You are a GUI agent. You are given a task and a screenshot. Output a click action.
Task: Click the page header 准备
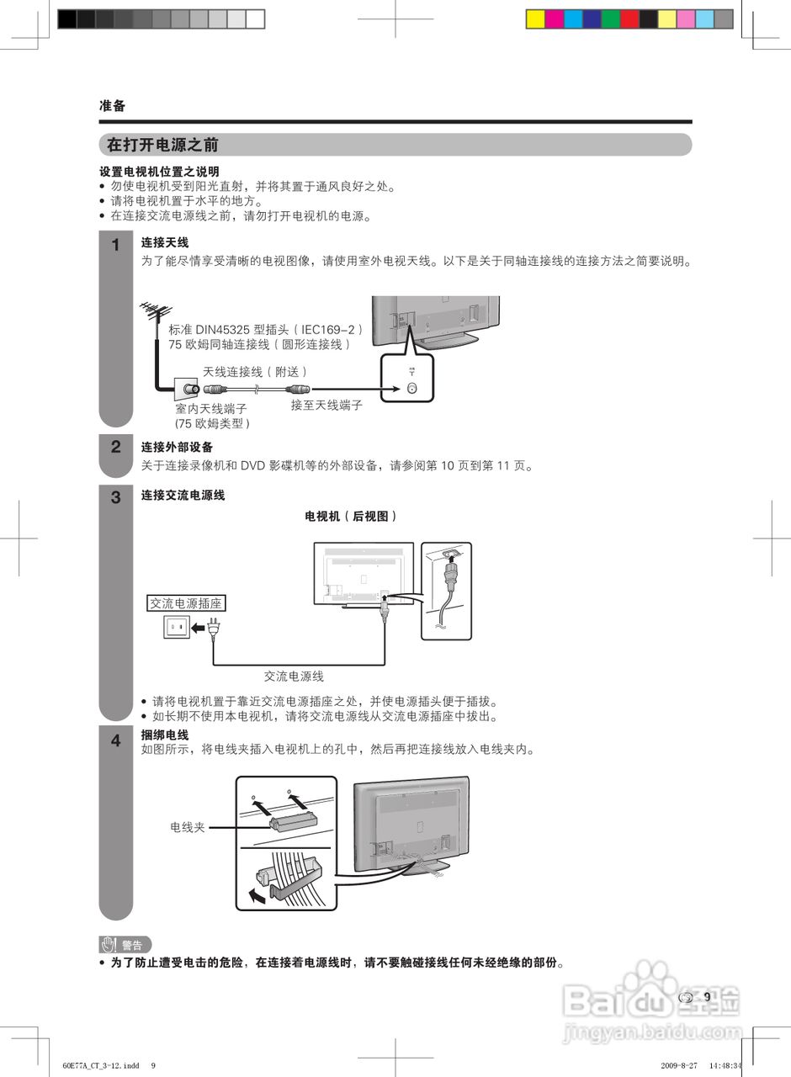(112, 106)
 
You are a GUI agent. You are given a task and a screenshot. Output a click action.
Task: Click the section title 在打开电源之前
(162, 145)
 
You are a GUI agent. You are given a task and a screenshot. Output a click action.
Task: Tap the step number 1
(116, 246)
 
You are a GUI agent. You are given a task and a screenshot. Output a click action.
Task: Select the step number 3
(116, 497)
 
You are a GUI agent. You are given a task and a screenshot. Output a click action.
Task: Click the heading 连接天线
(164, 243)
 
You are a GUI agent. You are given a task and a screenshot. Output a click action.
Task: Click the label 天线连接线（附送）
(255, 371)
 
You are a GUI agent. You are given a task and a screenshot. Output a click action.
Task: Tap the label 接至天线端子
(326, 405)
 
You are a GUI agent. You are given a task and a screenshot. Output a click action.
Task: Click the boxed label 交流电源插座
(187, 603)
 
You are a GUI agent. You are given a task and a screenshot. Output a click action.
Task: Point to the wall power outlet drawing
(176, 628)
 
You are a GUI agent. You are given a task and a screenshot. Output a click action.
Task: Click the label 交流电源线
(294, 676)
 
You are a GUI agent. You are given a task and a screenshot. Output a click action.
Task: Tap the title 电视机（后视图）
(351, 516)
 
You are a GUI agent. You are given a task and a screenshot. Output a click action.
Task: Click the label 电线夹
(188, 827)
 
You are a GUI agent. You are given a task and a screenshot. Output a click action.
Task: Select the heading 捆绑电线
(164, 735)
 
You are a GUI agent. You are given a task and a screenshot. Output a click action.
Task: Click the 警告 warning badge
(125, 944)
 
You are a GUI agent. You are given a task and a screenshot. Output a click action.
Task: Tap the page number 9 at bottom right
(707, 997)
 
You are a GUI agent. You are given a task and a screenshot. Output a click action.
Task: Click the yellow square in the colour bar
(535, 19)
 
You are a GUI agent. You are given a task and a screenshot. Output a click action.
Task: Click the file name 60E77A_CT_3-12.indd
(101, 1065)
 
